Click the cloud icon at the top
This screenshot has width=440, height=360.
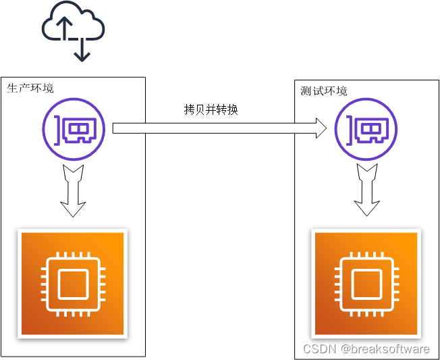(x=74, y=27)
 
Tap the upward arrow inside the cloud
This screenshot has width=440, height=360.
(x=64, y=29)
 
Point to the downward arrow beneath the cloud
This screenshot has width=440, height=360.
(x=82, y=50)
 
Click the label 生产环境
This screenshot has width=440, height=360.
(x=30, y=88)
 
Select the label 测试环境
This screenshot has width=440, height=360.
(x=324, y=91)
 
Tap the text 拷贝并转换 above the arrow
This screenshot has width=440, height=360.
(x=211, y=109)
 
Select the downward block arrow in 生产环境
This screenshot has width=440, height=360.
(x=74, y=190)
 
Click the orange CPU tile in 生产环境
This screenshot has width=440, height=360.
(x=73, y=284)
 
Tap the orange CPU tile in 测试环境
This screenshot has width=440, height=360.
(x=366, y=284)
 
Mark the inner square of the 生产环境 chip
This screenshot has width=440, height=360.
(x=73, y=284)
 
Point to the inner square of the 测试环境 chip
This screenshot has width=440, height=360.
(x=366, y=284)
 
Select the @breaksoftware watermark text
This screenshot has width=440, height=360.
(x=385, y=349)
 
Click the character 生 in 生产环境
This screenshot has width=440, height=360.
(x=12, y=88)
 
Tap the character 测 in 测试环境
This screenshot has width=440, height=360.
(x=306, y=91)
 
